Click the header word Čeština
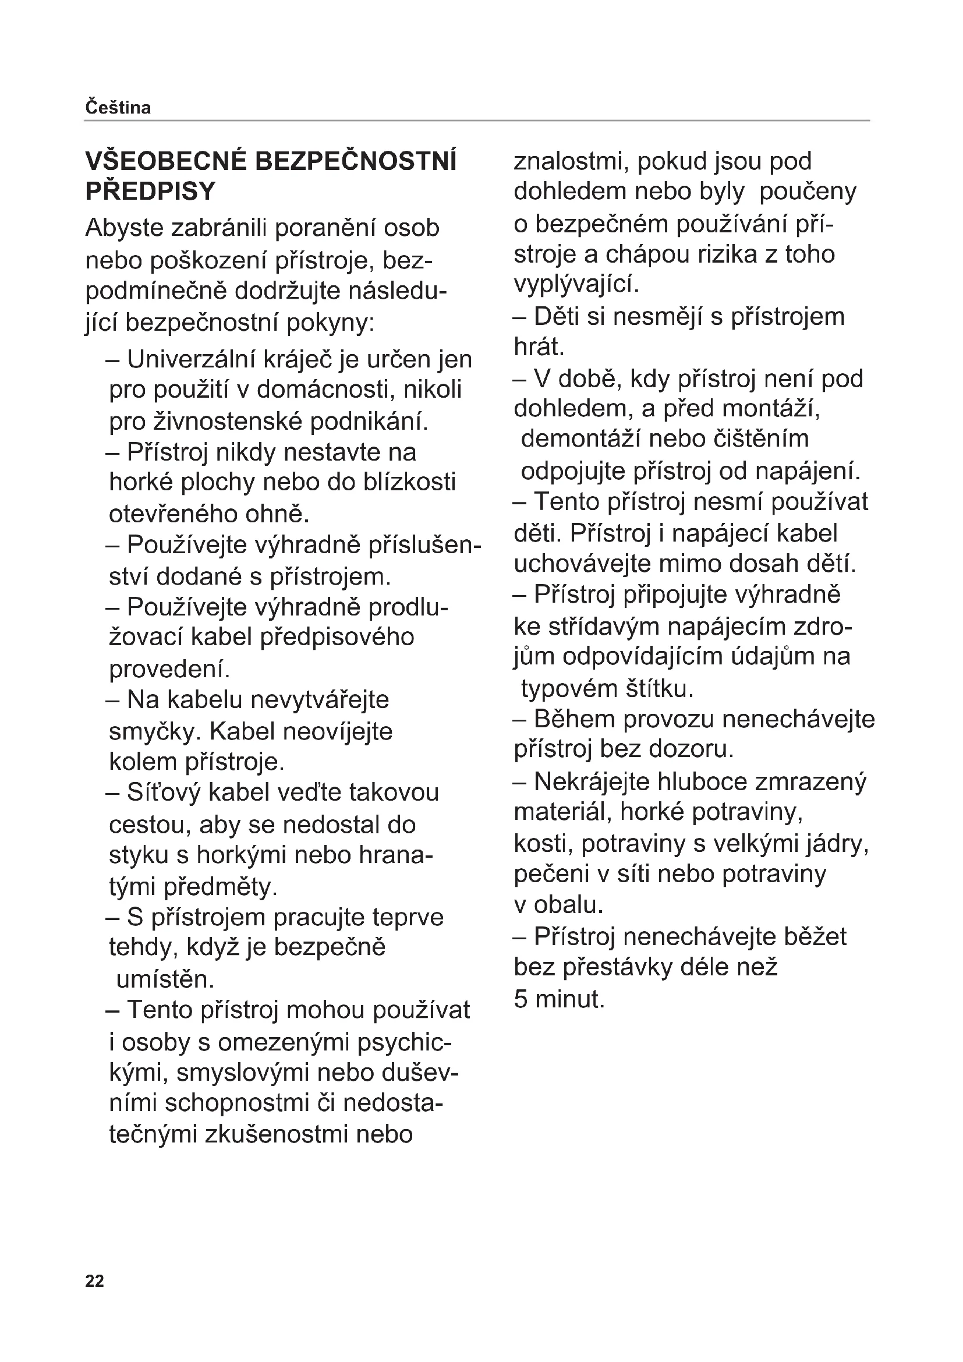click(x=118, y=108)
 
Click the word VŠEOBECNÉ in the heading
click(x=165, y=162)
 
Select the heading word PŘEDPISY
click(x=151, y=192)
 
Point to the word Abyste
click(x=123, y=228)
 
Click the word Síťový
click(x=164, y=793)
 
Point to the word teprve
click(x=408, y=917)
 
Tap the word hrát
click(x=539, y=347)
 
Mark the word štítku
click(x=660, y=689)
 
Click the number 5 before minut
click(x=520, y=1000)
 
